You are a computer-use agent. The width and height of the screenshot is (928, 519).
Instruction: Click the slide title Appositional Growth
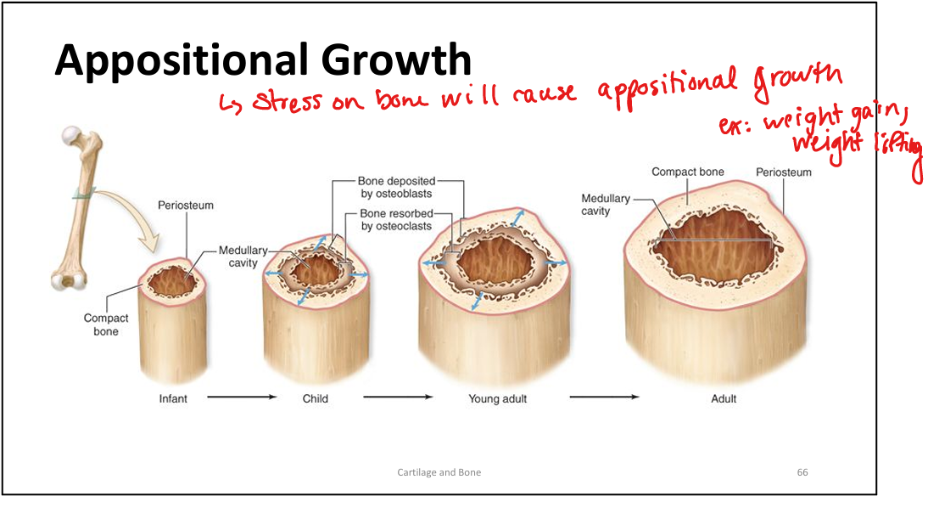coord(263,60)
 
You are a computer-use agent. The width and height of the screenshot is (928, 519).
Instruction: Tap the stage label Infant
coord(173,398)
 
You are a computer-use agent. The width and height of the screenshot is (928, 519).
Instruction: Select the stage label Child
coord(315,398)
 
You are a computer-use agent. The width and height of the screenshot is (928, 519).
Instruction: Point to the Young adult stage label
coord(497,398)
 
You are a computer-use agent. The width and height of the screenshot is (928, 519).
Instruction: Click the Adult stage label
coord(724,398)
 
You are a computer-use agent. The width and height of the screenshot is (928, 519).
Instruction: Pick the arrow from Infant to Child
coord(242,397)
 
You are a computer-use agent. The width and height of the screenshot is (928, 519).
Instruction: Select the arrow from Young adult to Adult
coord(604,397)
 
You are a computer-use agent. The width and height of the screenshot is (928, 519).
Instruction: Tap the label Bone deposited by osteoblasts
coord(395,188)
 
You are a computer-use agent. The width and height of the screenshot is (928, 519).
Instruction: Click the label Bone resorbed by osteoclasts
coord(395,220)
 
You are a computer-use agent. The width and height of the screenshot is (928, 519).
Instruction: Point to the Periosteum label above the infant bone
coord(185,206)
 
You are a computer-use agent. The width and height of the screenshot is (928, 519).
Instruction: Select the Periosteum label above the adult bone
coord(783,172)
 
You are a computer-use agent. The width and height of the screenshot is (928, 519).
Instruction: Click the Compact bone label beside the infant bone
coord(106,324)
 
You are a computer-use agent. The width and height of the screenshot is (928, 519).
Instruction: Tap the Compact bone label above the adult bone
coord(687,172)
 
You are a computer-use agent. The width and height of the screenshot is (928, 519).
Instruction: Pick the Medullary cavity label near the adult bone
coord(606,205)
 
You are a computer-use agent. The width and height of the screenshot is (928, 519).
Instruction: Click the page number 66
coord(802,472)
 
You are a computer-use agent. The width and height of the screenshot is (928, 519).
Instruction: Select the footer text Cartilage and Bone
coord(439,472)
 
